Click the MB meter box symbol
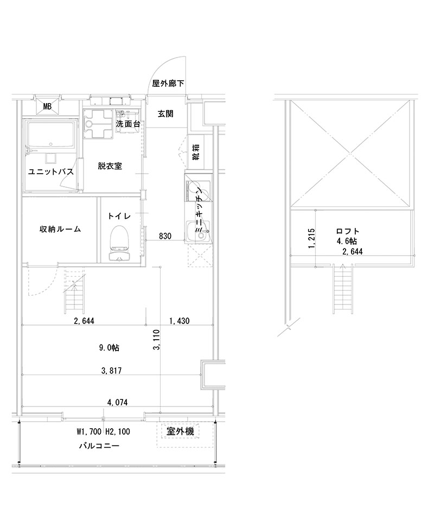pos(48,106)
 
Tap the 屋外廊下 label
pos(168,84)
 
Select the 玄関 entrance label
pos(165,114)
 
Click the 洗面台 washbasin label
pos(128,124)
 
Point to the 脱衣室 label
pos(110,166)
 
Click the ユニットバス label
pos(50,171)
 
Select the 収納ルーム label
pos(60,229)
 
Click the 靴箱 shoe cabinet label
pos(195,153)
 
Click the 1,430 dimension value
pos(179,321)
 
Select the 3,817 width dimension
pos(111,371)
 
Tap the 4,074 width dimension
pos(117,402)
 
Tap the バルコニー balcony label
pos(99,446)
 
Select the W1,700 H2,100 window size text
pos(103,432)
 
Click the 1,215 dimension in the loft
pos(310,239)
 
